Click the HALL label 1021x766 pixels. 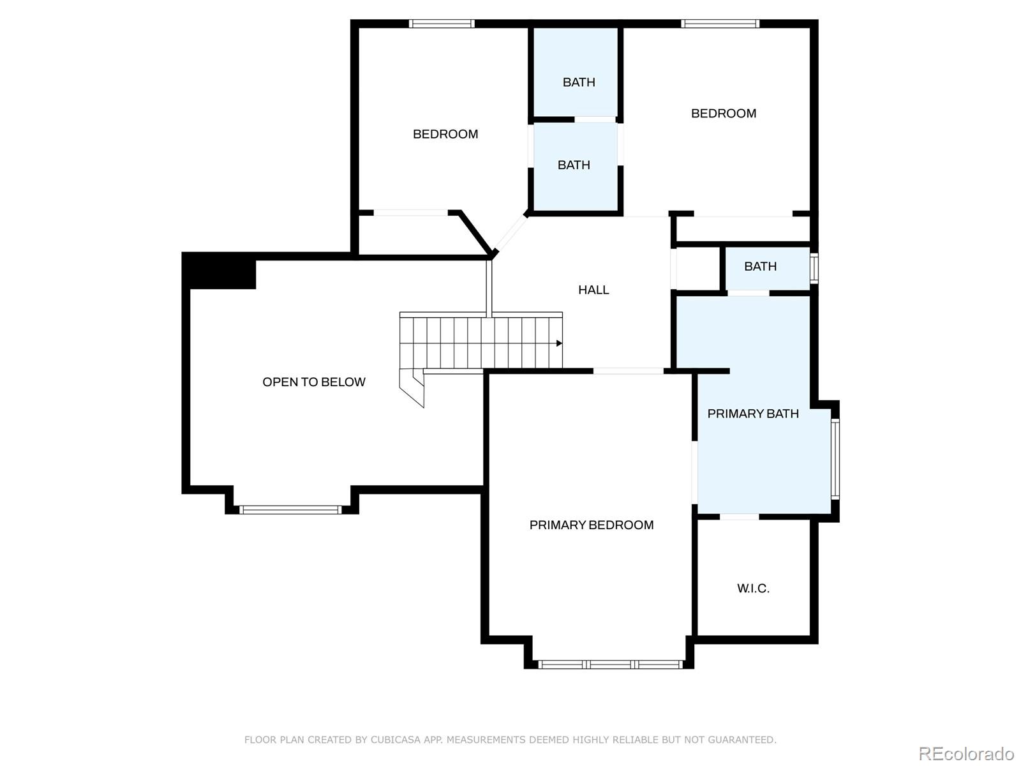(x=593, y=290)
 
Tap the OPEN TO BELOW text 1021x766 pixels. (x=313, y=382)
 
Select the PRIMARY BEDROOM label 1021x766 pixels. (x=591, y=525)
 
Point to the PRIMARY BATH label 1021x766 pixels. (x=752, y=414)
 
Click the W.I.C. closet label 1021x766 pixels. (x=753, y=589)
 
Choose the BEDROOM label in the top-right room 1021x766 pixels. (x=723, y=114)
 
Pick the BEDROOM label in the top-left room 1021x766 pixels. (x=445, y=135)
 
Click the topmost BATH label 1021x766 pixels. (x=579, y=82)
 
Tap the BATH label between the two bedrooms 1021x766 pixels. (x=574, y=165)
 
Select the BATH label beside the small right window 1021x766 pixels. (x=760, y=266)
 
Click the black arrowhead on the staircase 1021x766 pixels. (x=559, y=343)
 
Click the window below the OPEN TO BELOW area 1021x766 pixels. (x=291, y=510)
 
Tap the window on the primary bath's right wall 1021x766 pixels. (x=835, y=459)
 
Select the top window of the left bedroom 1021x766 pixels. (x=442, y=24)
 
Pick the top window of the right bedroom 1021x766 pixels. (x=720, y=24)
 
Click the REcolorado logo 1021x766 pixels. (x=966, y=753)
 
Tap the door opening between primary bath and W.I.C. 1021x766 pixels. (x=739, y=517)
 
